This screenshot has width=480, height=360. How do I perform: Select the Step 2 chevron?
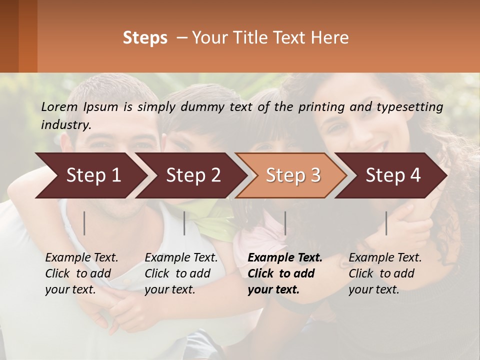click(x=193, y=175)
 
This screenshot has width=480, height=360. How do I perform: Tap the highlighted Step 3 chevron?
click(x=293, y=175)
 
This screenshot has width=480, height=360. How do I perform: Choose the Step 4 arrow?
click(x=393, y=175)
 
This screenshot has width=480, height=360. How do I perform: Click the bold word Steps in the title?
click(x=145, y=38)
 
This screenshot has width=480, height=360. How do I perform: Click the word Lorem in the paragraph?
click(x=58, y=106)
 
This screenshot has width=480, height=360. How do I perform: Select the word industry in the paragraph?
click(x=65, y=124)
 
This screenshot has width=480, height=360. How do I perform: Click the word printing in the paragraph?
click(x=316, y=106)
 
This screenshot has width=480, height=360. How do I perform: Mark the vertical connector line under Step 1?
click(x=84, y=223)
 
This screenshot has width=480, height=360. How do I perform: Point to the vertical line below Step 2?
click(x=184, y=223)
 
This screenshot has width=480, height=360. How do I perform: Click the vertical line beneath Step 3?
click(x=285, y=223)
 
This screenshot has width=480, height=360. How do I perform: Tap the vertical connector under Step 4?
click(x=386, y=223)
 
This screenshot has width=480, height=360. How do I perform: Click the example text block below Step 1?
click(x=81, y=273)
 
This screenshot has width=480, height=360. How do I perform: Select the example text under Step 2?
click(x=181, y=273)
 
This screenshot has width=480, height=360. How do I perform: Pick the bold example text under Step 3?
click(x=284, y=273)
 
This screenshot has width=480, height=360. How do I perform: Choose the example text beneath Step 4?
click(x=385, y=273)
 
